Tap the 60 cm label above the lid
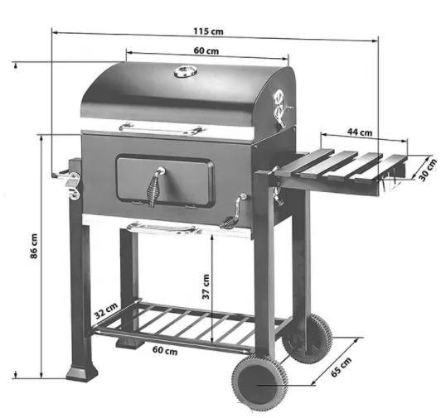pos(206,51)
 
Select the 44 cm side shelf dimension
pos(359,132)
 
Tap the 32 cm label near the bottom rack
pos(106,314)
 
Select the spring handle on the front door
pos(156,187)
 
